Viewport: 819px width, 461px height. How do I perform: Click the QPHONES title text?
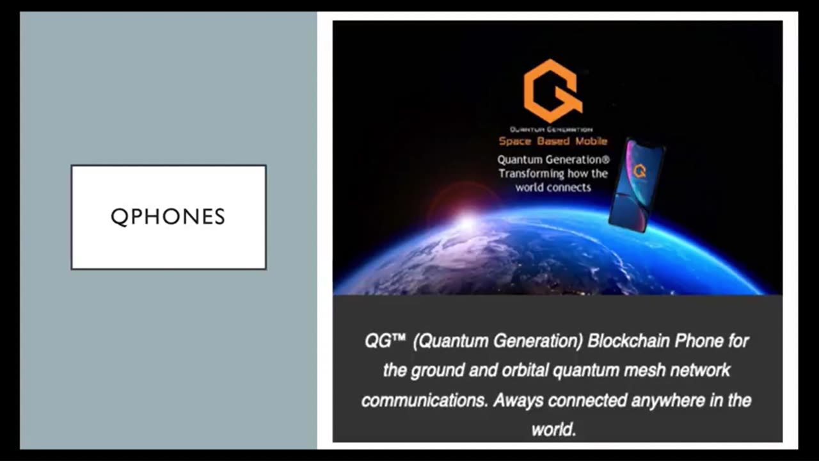click(x=168, y=217)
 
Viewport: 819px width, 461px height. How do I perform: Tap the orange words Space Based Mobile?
click(x=553, y=141)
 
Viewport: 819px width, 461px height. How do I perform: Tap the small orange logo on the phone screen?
click(x=639, y=171)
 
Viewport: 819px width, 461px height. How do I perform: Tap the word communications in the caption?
click(x=425, y=400)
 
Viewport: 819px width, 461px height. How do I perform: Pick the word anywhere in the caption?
click(x=669, y=400)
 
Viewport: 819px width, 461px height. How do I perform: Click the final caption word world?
click(x=553, y=429)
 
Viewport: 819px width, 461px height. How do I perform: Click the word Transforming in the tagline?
click(x=531, y=174)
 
